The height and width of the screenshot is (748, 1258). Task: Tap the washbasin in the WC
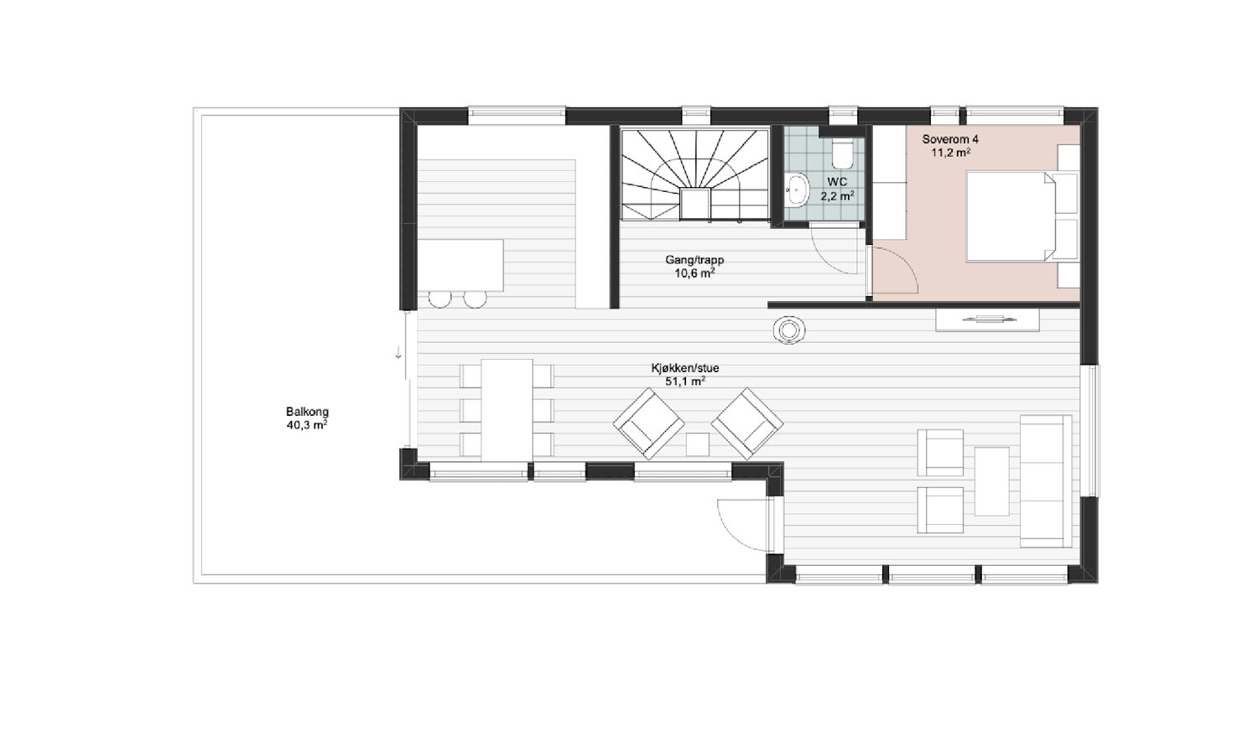click(797, 190)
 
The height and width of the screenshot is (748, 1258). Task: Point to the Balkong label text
click(307, 412)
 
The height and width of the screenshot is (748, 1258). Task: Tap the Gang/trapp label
click(694, 260)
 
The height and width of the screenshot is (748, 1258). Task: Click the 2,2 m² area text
click(837, 196)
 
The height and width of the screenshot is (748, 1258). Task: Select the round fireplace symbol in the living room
click(789, 330)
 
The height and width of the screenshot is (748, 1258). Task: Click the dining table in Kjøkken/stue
click(507, 410)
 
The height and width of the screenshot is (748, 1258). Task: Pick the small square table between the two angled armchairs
click(698, 444)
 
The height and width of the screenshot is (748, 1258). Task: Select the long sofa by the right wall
click(1046, 480)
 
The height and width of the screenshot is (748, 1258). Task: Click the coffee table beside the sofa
click(992, 481)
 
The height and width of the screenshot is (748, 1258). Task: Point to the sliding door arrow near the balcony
click(398, 353)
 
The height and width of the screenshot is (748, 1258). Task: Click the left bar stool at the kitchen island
click(439, 299)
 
